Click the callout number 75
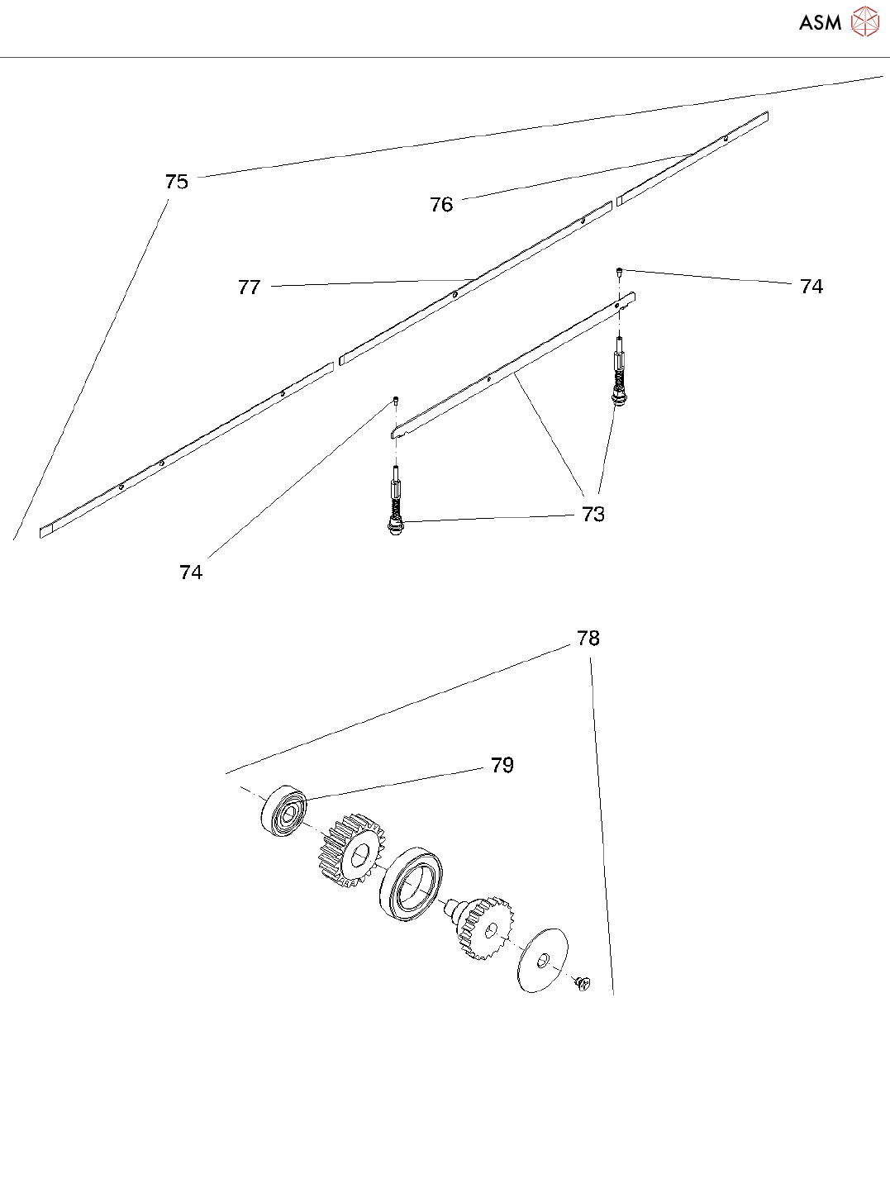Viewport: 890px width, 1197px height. [177, 182]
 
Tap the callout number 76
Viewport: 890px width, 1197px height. [441, 204]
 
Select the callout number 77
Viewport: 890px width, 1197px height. [249, 287]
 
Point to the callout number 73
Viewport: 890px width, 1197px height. [593, 514]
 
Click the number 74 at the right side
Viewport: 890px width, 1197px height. [811, 286]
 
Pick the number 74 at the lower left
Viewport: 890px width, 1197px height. [191, 572]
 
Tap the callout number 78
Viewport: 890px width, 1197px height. [588, 638]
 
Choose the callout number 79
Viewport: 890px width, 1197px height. [502, 765]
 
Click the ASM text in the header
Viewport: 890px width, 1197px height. [820, 23]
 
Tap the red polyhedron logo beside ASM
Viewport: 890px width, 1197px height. [865, 21]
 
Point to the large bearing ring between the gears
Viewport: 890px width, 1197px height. [411, 885]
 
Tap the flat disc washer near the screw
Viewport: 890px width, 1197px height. [542, 960]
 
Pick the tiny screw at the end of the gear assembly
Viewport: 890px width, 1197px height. [582, 982]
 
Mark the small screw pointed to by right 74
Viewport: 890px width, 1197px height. [619, 271]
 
